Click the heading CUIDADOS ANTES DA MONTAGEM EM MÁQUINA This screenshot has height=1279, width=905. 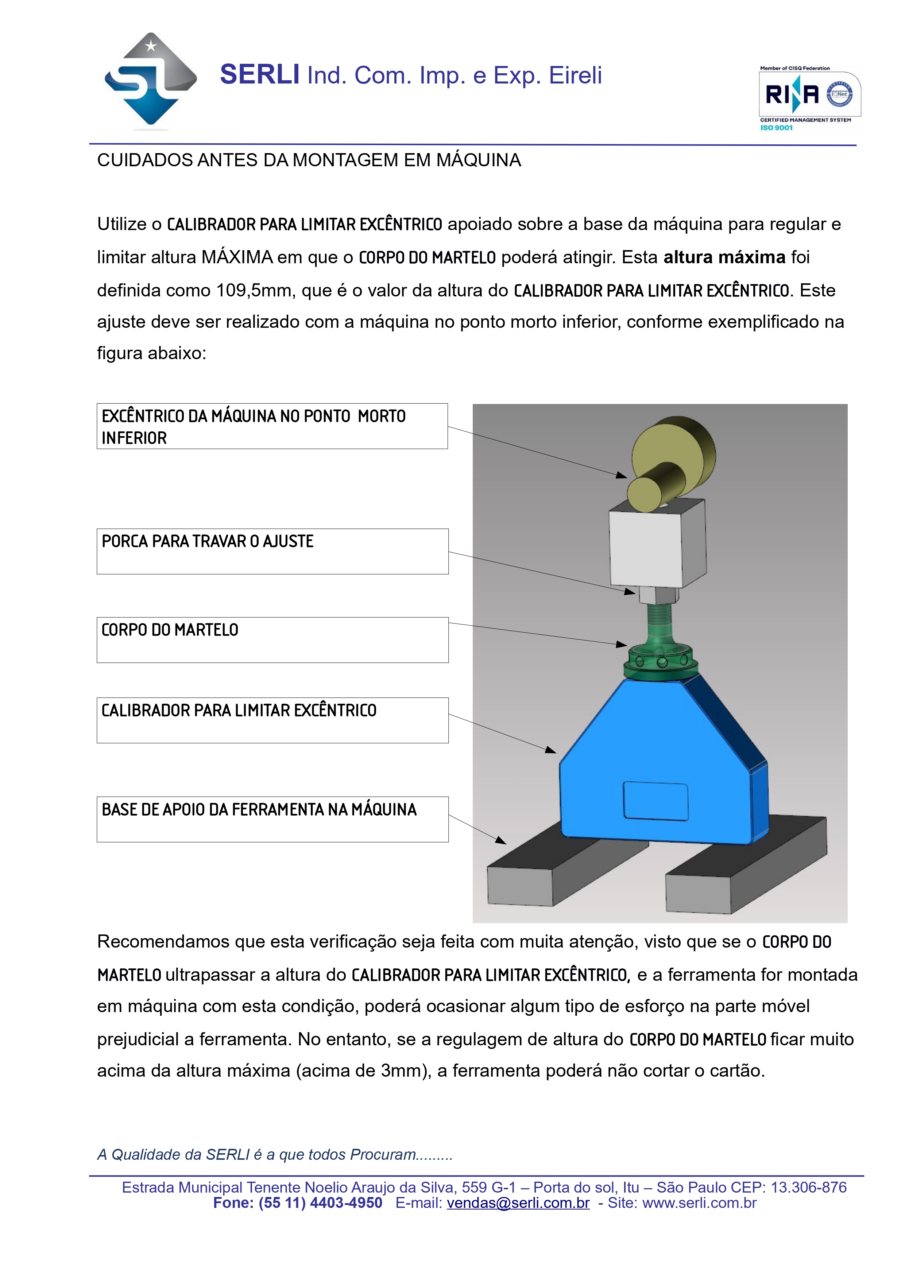click(x=309, y=160)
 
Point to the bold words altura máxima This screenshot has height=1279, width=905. click(x=724, y=257)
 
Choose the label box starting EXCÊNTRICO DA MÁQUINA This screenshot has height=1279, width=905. click(x=272, y=426)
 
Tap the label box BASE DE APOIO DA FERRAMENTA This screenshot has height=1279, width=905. click(x=272, y=819)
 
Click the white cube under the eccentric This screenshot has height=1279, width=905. click(x=658, y=546)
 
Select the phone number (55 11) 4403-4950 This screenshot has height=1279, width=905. click(x=320, y=1203)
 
